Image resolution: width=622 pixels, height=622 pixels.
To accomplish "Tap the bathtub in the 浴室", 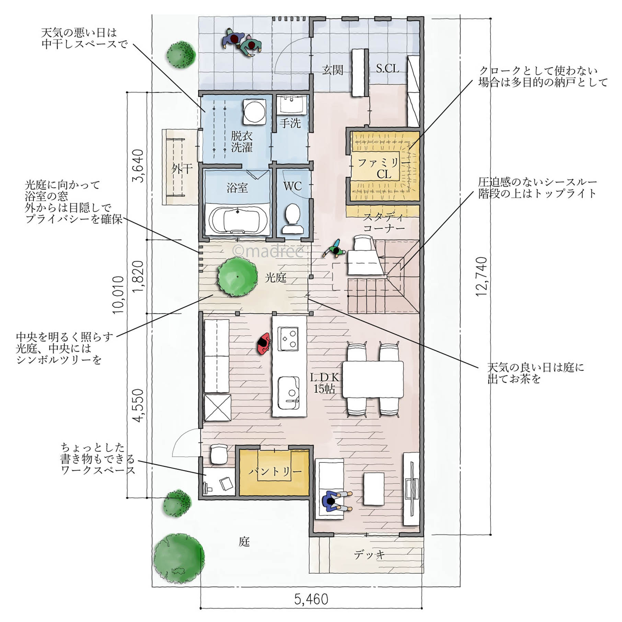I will [238, 220].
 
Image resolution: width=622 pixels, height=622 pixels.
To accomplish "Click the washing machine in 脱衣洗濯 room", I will [254, 112].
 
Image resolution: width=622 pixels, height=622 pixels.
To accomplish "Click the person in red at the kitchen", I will [264, 343].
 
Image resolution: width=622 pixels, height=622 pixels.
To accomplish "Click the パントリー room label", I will [275, 471].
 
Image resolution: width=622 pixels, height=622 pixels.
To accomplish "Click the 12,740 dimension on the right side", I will [482, 277].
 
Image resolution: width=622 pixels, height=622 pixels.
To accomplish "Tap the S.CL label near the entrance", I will [387, 69].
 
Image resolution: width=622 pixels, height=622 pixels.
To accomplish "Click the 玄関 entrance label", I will [333, 70].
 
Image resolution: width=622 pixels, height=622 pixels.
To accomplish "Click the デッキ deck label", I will [369, 555].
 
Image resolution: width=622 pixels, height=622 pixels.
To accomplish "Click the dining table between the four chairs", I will [373, 379].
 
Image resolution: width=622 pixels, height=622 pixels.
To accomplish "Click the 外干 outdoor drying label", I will [182, 169].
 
